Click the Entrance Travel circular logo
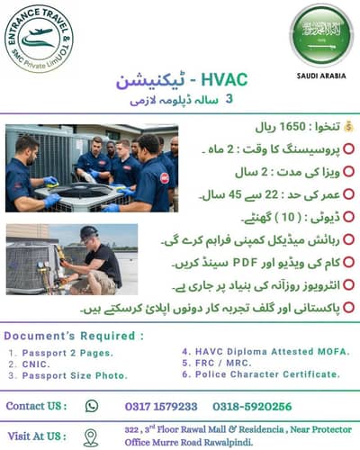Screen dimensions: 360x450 [38, 38]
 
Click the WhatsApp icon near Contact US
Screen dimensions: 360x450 [91, 406]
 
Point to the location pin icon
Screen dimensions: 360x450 [90, 436]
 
